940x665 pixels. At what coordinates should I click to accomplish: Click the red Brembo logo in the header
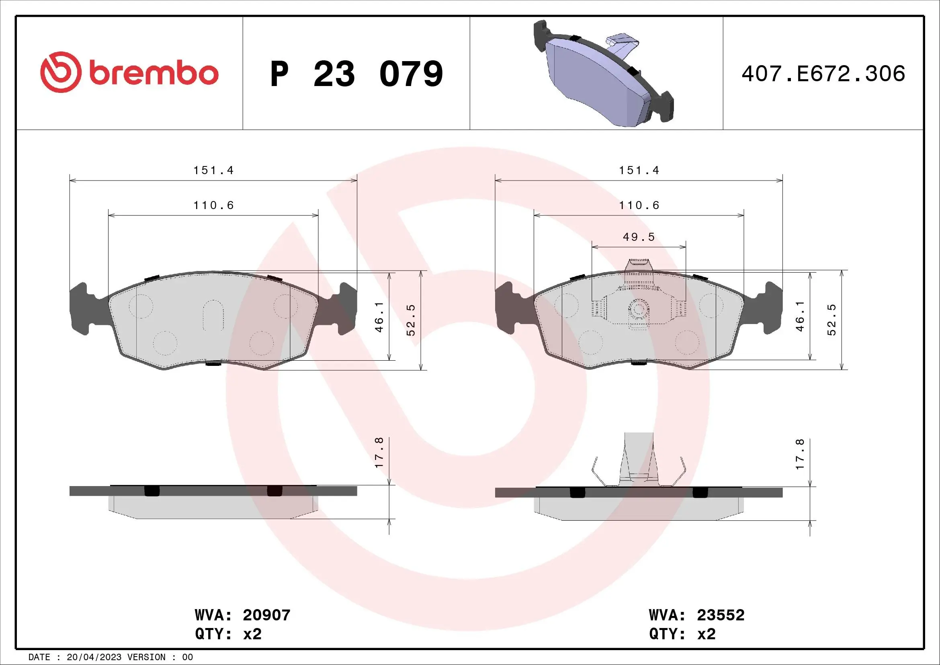coord(129,72)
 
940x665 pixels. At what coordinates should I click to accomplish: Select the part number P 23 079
coord(356,74)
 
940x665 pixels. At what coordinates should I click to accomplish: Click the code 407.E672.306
coord(823,74)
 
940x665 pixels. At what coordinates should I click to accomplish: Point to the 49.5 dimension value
coord(639,237)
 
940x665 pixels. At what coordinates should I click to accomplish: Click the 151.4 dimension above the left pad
coord(213,170)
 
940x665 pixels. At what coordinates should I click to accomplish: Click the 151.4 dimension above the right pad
coord(639,170)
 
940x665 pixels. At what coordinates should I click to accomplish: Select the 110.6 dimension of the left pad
coord(213,205)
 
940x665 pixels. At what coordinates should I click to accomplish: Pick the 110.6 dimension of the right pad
coord(639,205)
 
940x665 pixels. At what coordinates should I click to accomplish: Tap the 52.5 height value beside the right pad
coord(831,320)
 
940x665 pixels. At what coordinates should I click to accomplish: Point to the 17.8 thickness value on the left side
coord(379,452)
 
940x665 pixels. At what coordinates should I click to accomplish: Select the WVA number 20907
coord(266,615)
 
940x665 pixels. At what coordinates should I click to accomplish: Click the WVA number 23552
coord(721,615)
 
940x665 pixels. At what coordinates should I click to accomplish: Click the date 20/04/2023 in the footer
coord(94,657)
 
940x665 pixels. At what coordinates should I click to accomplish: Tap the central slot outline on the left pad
coord(213,315)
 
